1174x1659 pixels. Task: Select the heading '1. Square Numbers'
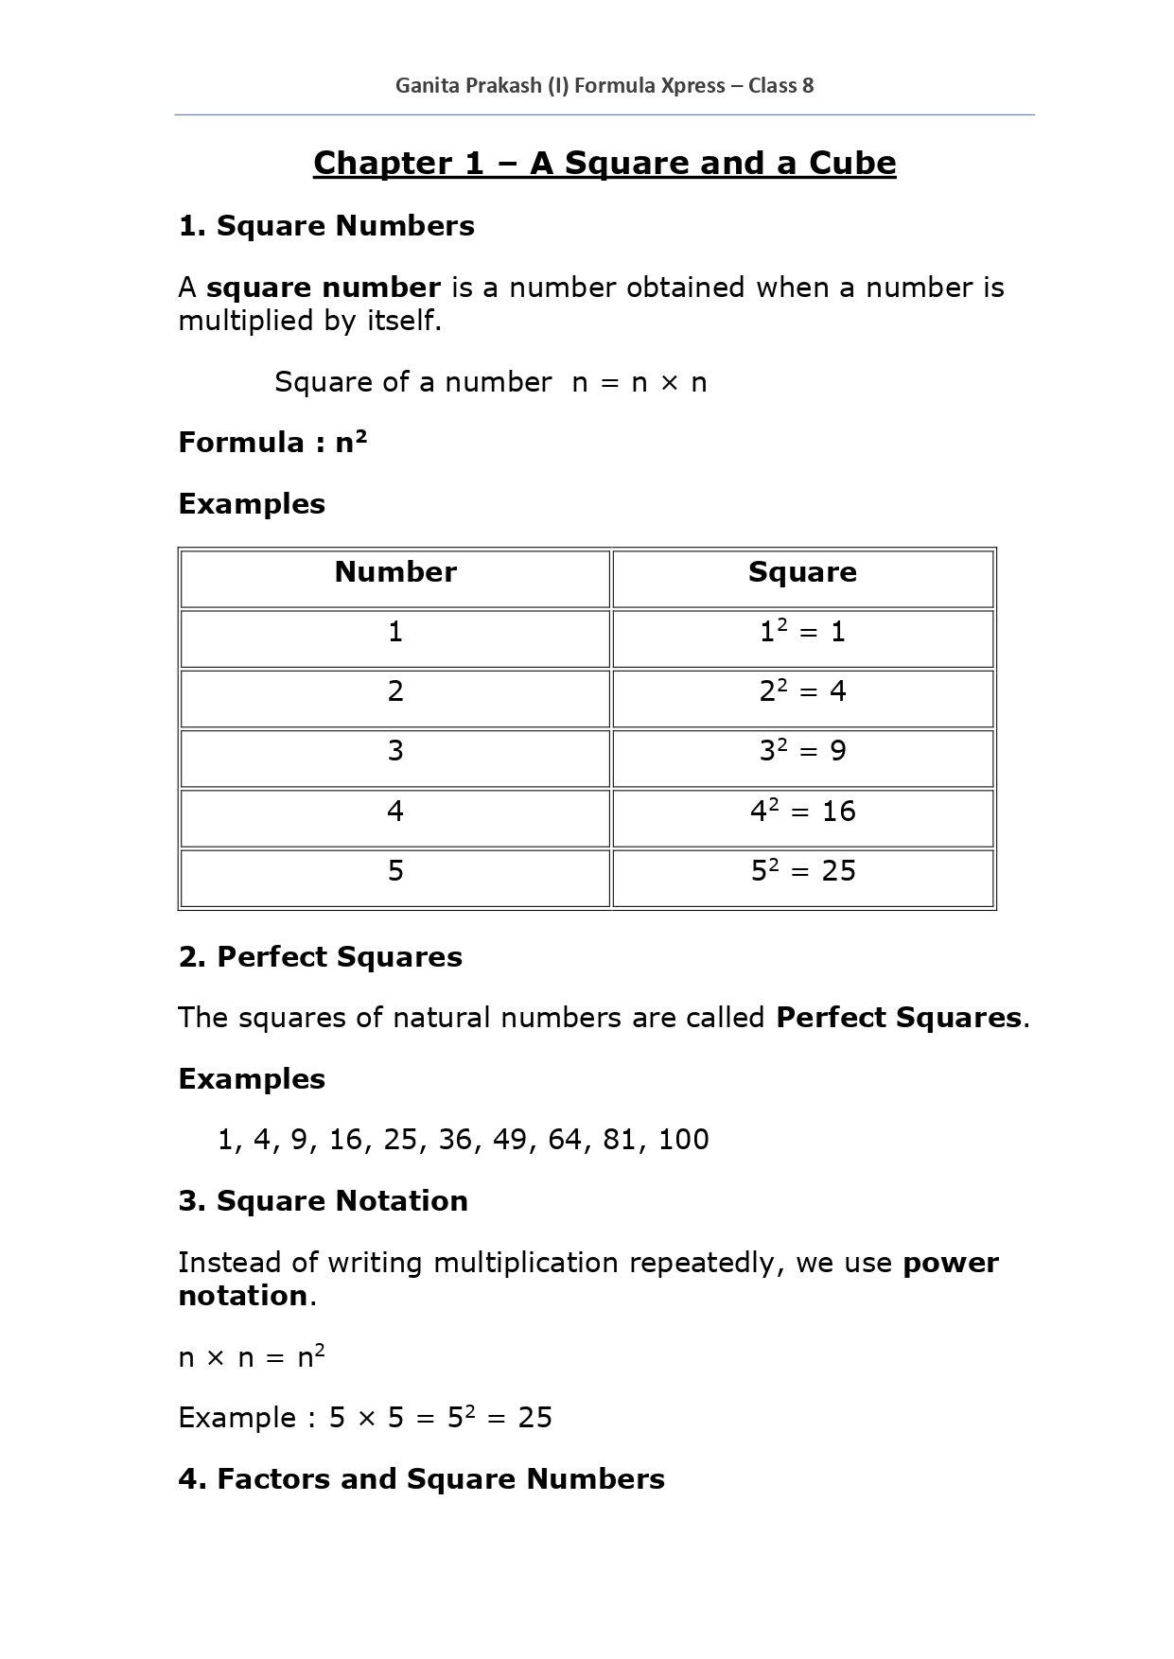[x=326, y=226]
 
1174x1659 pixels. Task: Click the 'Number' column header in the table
[x=395, y=572]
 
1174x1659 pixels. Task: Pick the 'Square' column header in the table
[x=802, y=572]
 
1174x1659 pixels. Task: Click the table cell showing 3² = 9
[x=802, y=751]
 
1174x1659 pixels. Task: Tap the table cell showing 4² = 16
[x=802, y=811]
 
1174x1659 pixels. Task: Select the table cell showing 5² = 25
[x=802, y=870]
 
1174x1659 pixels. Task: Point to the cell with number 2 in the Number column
[x=395, y=691]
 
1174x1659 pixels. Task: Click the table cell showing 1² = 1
[x=802, y=632]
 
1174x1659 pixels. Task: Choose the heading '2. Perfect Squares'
[x=320, y=957]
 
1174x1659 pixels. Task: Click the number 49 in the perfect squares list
[x=510, y=1140]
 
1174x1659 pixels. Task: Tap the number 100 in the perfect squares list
[x=683, y=1140]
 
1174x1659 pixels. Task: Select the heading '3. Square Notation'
[x=323, y=1201]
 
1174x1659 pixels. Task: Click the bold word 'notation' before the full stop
[x=242, y=1296]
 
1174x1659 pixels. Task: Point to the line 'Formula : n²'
[x=272, y=443]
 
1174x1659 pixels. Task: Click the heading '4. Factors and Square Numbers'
[x=421, y=1479]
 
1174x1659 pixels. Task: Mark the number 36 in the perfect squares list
[x=455, y=1140]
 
